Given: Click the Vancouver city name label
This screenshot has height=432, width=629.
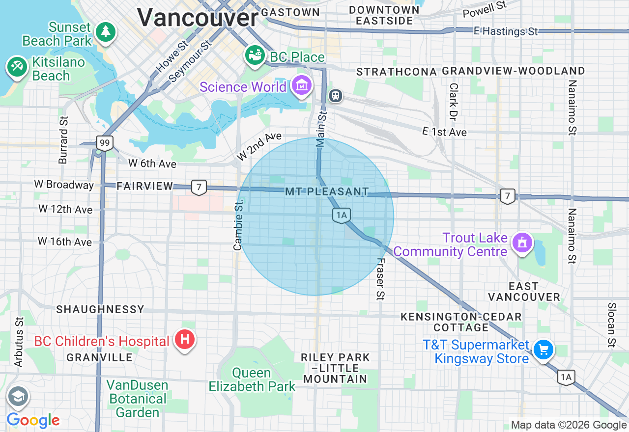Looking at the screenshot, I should tap(198, 18).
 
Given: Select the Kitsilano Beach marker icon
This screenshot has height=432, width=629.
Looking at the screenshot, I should tap(17, 66).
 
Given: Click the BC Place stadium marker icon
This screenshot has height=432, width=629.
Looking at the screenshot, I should tap(255, 55).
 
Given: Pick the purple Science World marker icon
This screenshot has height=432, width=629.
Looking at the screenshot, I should tap(302, 86).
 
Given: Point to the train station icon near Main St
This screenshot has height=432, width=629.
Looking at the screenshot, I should tap(336, 95).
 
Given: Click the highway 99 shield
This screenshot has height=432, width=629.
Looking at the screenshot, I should tap(105, 143).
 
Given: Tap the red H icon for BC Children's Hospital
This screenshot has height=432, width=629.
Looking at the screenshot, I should tap(185, 339).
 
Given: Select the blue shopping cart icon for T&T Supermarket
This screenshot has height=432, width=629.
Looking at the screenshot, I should tap(543, 350).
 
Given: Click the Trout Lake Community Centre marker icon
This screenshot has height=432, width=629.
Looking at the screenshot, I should tap(522, 242).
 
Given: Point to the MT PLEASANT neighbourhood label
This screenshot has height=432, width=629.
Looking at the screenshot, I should tap(327, 191).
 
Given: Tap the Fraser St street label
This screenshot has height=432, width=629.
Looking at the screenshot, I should tap(381, 279).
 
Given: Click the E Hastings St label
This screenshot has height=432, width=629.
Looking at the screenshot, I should tap(506, 31).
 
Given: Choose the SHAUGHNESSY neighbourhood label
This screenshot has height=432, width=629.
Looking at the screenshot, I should tap(100, 309).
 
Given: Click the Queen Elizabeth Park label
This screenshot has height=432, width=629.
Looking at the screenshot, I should tap(252, 380).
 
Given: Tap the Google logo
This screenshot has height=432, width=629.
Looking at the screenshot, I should tap(33, 420).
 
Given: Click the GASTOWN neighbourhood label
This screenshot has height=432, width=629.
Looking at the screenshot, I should tap(290, 12).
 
